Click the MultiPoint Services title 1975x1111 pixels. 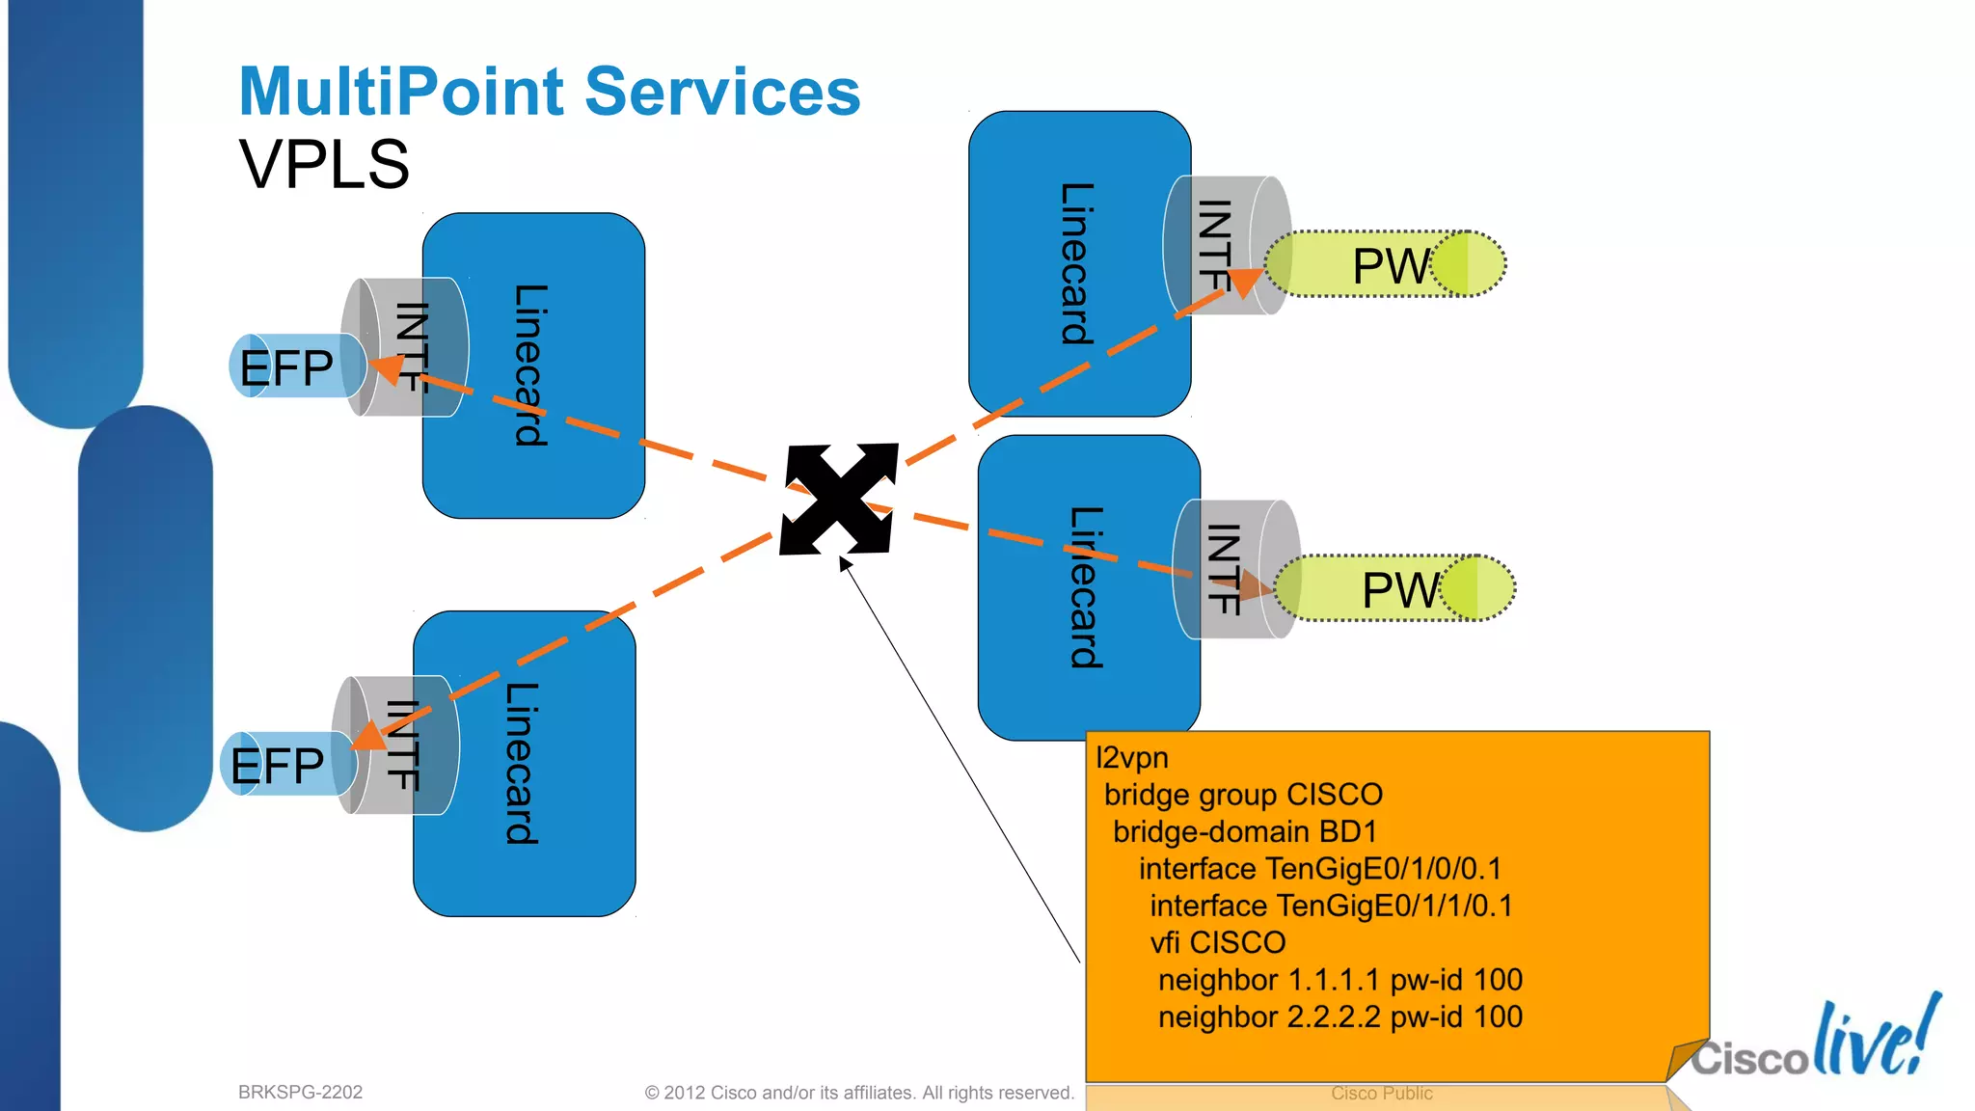(x=549, y=92)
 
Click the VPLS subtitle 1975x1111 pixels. (x=324, y=164)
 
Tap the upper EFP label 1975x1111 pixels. (x=286, y=368)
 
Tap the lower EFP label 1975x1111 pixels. (x=278, y=767)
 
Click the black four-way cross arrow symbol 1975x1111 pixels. (x=838, y=499)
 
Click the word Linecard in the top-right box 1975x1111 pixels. (x=1077, y=264)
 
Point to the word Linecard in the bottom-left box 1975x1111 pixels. (x=522, y=764)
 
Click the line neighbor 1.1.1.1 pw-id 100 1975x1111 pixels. (x=1339, y=980)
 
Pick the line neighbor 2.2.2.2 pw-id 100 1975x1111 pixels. (x=1339, y=1017)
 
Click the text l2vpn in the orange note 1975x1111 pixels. (x=1132, y=758)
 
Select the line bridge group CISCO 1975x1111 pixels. (x=1243, y=795)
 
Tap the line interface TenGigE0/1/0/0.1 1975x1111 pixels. (x=1319, y=869)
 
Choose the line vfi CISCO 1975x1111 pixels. (x=1217, y=942)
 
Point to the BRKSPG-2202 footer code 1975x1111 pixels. (x=300, y=1093)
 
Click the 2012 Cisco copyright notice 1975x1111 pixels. (x=858, y=1093)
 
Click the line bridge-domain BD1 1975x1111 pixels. (x=1244, y=832)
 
